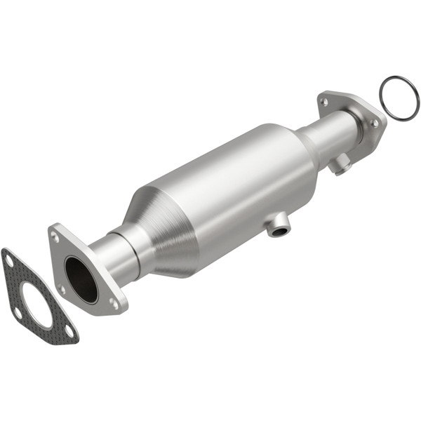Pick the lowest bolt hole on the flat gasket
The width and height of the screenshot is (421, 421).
point(69,330)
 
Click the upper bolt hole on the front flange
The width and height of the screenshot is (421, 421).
point(55,239)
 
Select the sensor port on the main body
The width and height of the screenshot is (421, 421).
point(278,226)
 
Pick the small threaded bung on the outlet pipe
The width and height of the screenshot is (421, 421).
point(341,166)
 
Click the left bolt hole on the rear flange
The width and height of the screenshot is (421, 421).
point(324,102)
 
